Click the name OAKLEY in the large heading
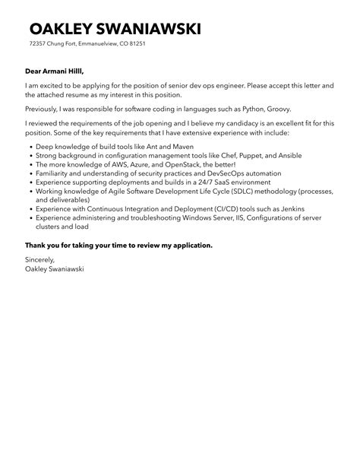click(x=65, y=29)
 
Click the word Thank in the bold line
click(x=36, y=245)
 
